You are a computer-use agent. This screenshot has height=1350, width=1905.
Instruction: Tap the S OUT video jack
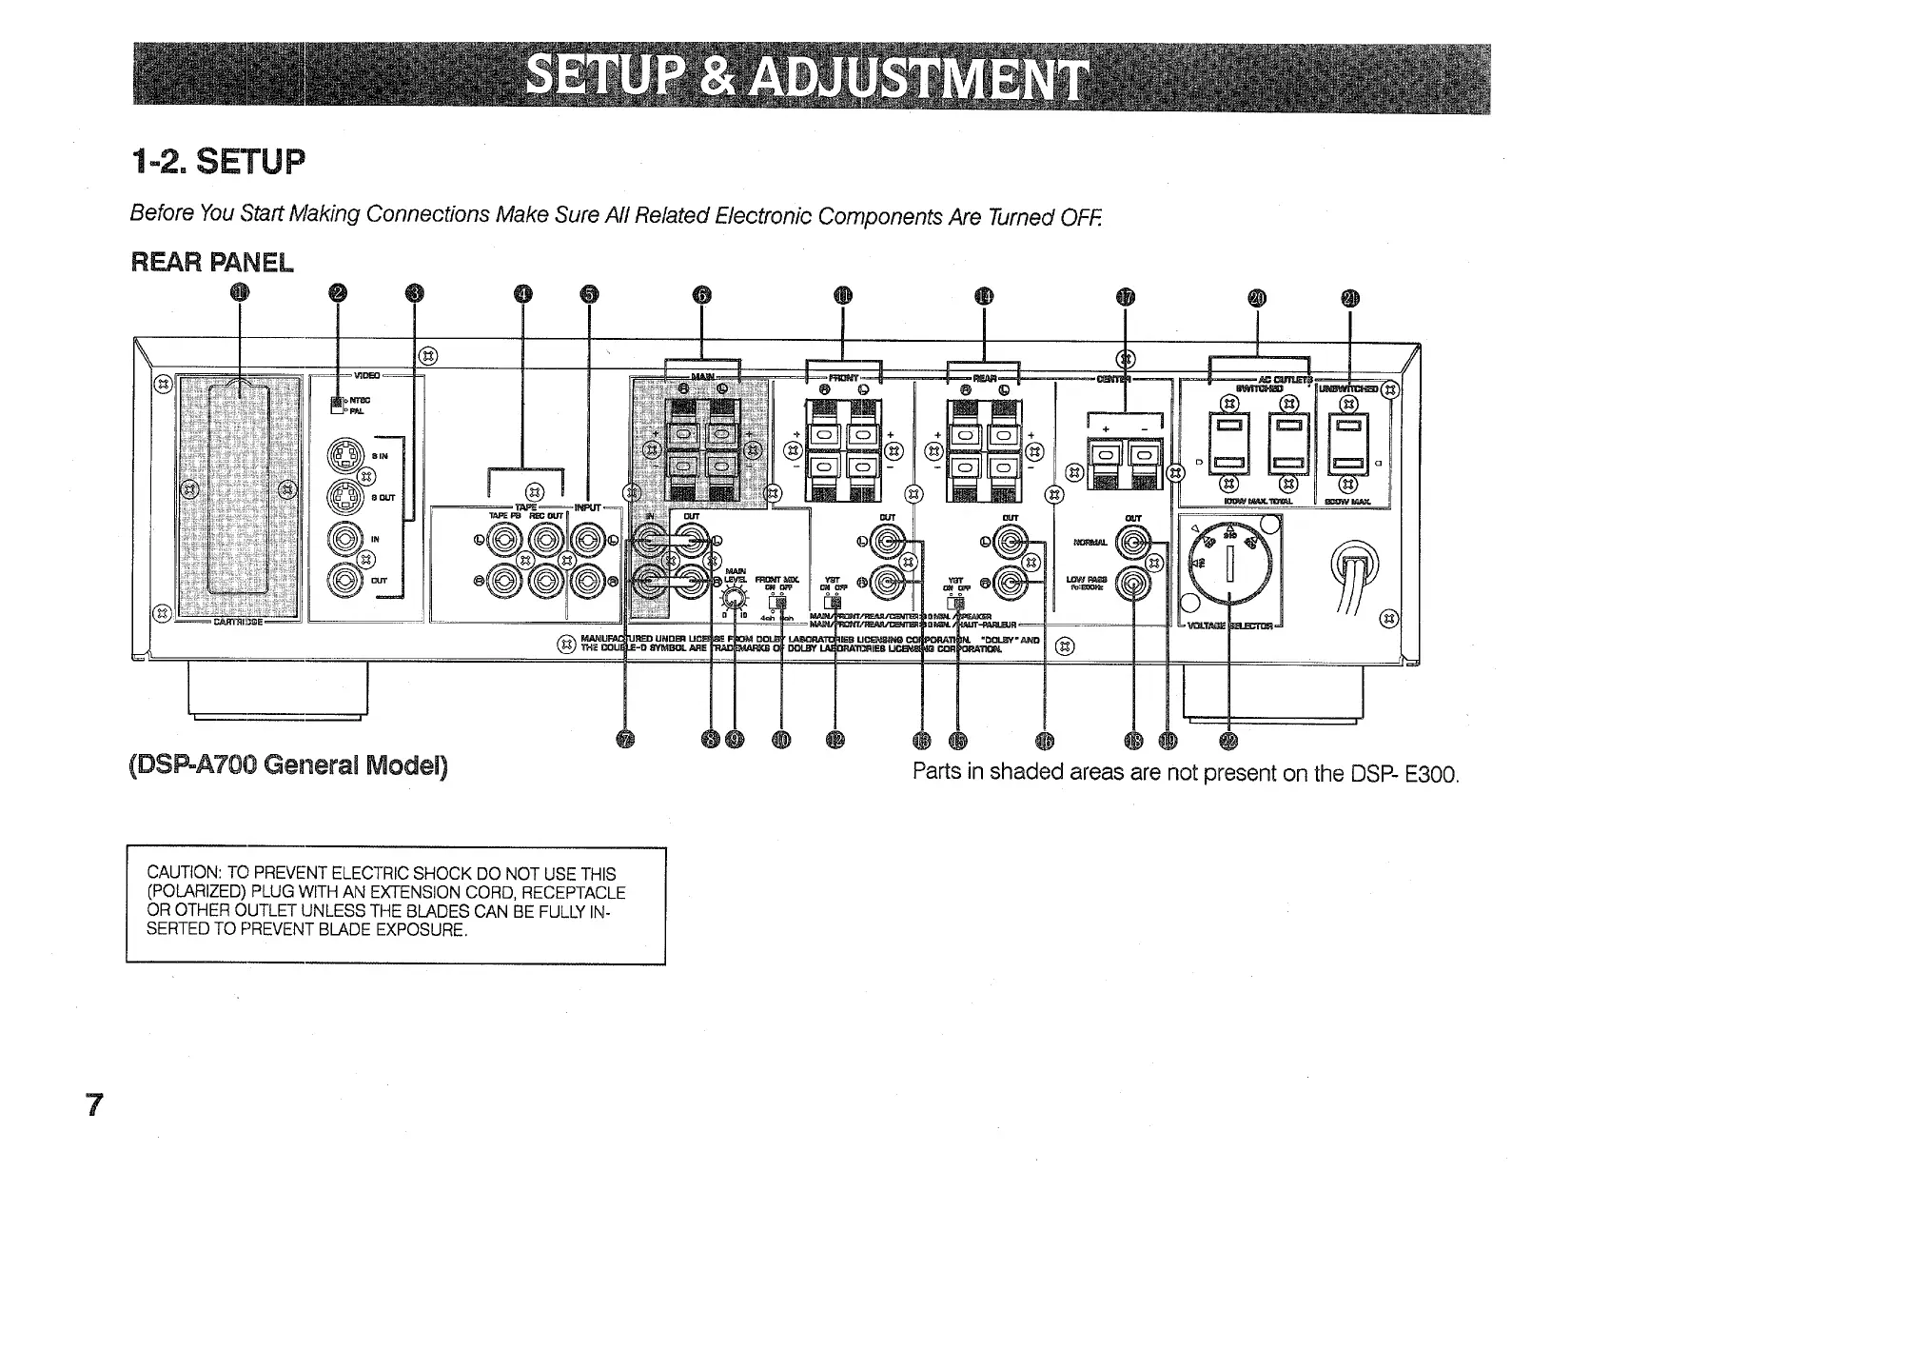pyautogui.click(x=344, y=496)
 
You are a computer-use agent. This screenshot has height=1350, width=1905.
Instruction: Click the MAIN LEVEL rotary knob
pyautogui.click(x=732, y=598)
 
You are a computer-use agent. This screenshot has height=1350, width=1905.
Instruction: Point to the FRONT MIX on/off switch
pyautogui.click(x=780, y=602)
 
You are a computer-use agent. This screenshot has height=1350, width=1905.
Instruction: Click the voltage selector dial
pyautogui.click(x=1230, y=563)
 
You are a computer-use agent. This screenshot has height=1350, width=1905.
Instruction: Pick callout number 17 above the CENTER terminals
pyautogui.click(x=1126, y=298)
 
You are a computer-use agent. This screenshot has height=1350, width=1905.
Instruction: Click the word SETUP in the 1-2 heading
pyautogui.click(x=251, y=163)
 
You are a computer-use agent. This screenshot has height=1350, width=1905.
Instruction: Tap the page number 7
pyautogui.click(x=93, y=1105)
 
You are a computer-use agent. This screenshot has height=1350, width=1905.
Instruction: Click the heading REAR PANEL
pyautogui.click(x=212, y=262)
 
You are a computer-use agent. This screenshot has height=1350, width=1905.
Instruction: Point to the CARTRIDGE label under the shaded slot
pyautogui.click(x=238, y=623)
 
